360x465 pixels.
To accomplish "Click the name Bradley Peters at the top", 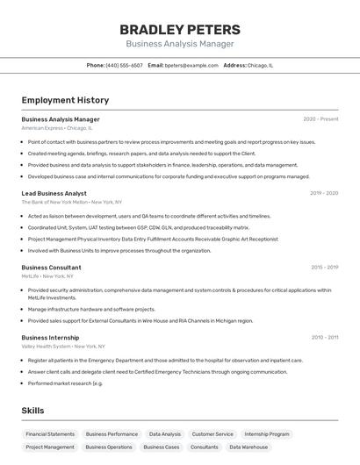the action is [180, 30].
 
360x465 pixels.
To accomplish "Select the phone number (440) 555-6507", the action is [124, 65].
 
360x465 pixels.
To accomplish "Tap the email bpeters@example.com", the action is [191, 65].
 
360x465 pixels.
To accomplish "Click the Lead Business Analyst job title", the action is [54, 193].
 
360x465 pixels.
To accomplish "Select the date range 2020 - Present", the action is [320, 119].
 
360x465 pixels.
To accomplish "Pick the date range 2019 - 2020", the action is [324, 193].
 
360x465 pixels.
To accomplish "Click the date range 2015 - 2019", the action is [324, 268].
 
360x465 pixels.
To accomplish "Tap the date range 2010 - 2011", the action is [324, 337].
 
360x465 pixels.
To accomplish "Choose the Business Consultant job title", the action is [51, 268].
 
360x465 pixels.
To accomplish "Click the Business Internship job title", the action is [50, 337].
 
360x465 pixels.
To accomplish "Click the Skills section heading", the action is [33, 411].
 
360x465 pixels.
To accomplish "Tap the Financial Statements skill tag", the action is [50, 434].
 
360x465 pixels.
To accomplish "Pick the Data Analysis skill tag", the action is [165, 434].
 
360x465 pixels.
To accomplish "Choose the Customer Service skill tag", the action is [212, 434].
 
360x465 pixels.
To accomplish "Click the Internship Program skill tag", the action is [267, 434].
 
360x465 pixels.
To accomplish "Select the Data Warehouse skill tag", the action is [248, 447].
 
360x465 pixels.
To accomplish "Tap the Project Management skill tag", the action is [50, 447].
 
